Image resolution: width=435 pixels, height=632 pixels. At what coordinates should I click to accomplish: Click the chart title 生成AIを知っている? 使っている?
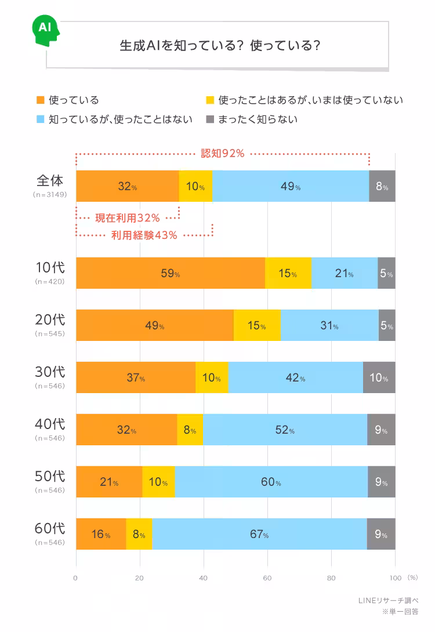tap(220, 46)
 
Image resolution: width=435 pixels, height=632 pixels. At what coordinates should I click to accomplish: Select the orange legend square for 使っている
tap(40, 100)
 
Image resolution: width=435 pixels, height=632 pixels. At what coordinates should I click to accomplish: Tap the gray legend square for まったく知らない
tap(211, 119)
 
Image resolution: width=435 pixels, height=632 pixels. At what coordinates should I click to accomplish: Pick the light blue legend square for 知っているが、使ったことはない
tap(40, 119)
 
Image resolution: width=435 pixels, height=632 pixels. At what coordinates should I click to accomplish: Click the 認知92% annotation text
tap(222, 154)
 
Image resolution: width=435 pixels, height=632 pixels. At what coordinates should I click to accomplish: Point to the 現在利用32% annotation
tap(127, 217)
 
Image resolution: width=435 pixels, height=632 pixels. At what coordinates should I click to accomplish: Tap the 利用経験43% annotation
tap(144, 235)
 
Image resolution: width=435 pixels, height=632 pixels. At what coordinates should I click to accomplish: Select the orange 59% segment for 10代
tap(171, 273)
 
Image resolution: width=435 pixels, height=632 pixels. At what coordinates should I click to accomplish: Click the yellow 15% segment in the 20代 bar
tap(257, 325)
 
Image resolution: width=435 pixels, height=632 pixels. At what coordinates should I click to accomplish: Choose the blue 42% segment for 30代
tap(295, 377)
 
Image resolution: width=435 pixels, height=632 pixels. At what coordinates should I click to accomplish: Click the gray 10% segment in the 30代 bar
tap(379, 377)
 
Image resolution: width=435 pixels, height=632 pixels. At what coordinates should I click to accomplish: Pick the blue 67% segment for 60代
tap(259, 534)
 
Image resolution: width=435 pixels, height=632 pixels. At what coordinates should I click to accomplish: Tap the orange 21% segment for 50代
tap(109, 482)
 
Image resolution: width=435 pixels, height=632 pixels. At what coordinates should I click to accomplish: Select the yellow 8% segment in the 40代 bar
tap(190, 430)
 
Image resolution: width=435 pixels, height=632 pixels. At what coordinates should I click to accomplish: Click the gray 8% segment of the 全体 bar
tap(382, 186)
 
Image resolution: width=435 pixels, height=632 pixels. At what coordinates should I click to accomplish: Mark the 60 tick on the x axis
tap(267, 577)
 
